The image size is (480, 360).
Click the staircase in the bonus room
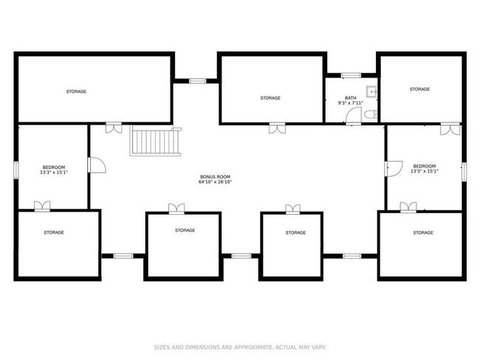pyautogui.click(x=156, y=142)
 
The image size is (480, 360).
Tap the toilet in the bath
pyautogui.click(x=371, y=114)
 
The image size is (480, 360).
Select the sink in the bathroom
pyautogui.click(x=372, y=91)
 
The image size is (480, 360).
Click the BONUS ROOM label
pyautogui.click(x=215, y=177)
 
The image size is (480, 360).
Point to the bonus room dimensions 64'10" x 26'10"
pyautogui.click(x=215, y=181)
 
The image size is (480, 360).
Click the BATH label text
pyautogui.click(x=351, y=98)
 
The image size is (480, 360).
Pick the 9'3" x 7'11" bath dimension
pyautogui.click(x=351, y=103)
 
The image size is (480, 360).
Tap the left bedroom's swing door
pyautogui.click(x=97, y=165)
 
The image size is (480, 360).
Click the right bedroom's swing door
pyautogui.click(x=394, y=169)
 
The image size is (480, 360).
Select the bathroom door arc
pyautogui.click(x=354, y=115)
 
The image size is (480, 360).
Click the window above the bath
pyautogui.click(x=351, y=75)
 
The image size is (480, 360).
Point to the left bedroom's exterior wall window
pyautogui.click(x=16, y=170)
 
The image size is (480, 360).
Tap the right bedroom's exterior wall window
pyautogui.click(x=464, y=171)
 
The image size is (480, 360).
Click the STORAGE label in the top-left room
pyautogui.click(x=76, y=91)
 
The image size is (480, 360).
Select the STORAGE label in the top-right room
pyautogui.click(x=419, y=89)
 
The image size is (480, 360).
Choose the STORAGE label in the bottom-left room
pyautogui.click(x=54, y=232)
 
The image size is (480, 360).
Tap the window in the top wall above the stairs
pyautogui.click(x=197, y=81)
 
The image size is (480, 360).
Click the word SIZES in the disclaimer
pyautogui.click(x=161, y=347)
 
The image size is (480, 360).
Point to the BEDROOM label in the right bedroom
pyautogui.click(x=425, y=166)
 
